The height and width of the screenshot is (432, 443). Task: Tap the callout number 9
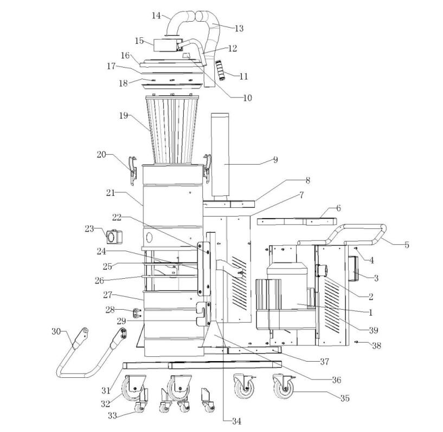pyautogui.click(x=275, y=160)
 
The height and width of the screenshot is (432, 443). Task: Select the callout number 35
pyautogui.click(x=344, y=398)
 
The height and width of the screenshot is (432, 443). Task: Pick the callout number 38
pyautogui.click(x=375, y=345)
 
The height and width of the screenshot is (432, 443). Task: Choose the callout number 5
pyautogui.click(x=407, y=245)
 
